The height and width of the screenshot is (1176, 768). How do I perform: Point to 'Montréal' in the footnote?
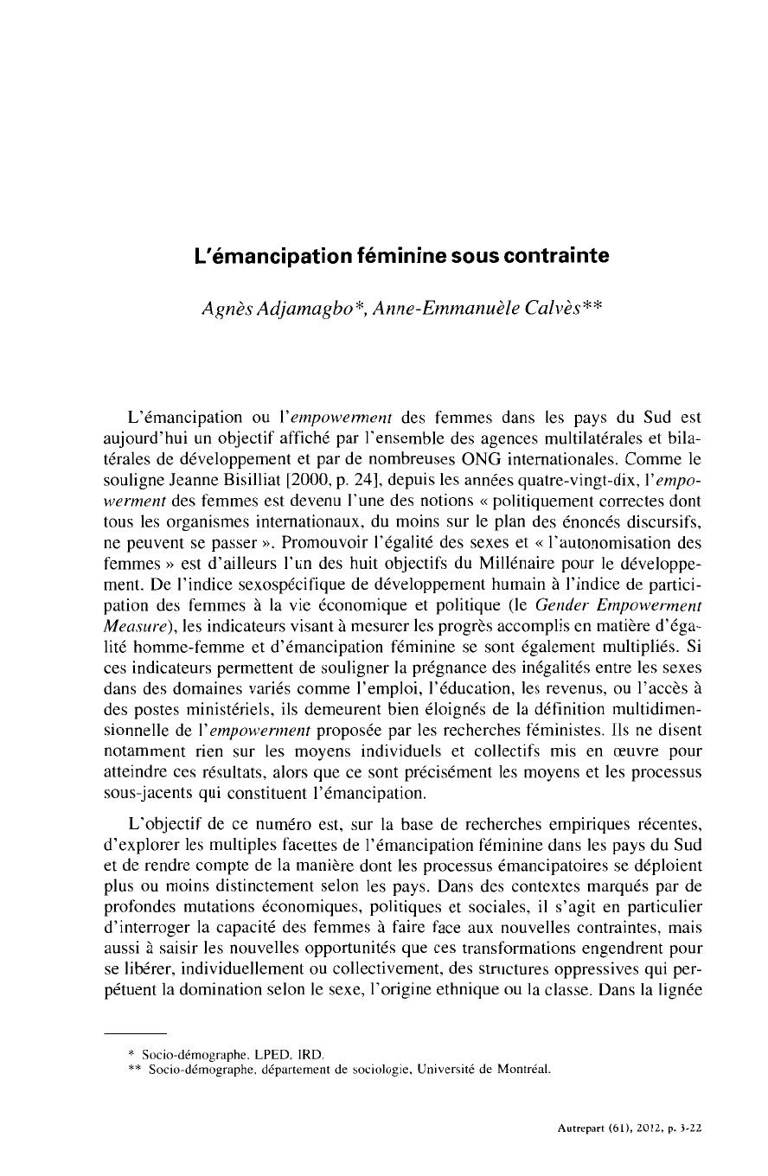tap(521, 1070)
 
